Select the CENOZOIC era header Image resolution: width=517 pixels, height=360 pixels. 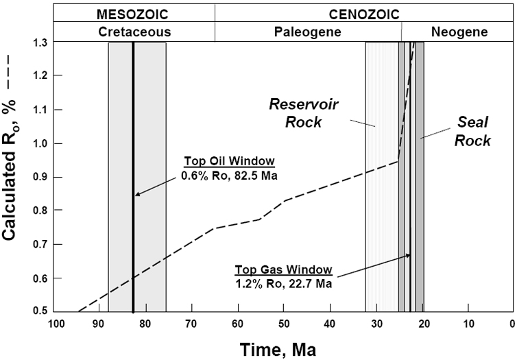(x=363, y=14)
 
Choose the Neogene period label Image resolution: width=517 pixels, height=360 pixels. (x=457, y=32)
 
